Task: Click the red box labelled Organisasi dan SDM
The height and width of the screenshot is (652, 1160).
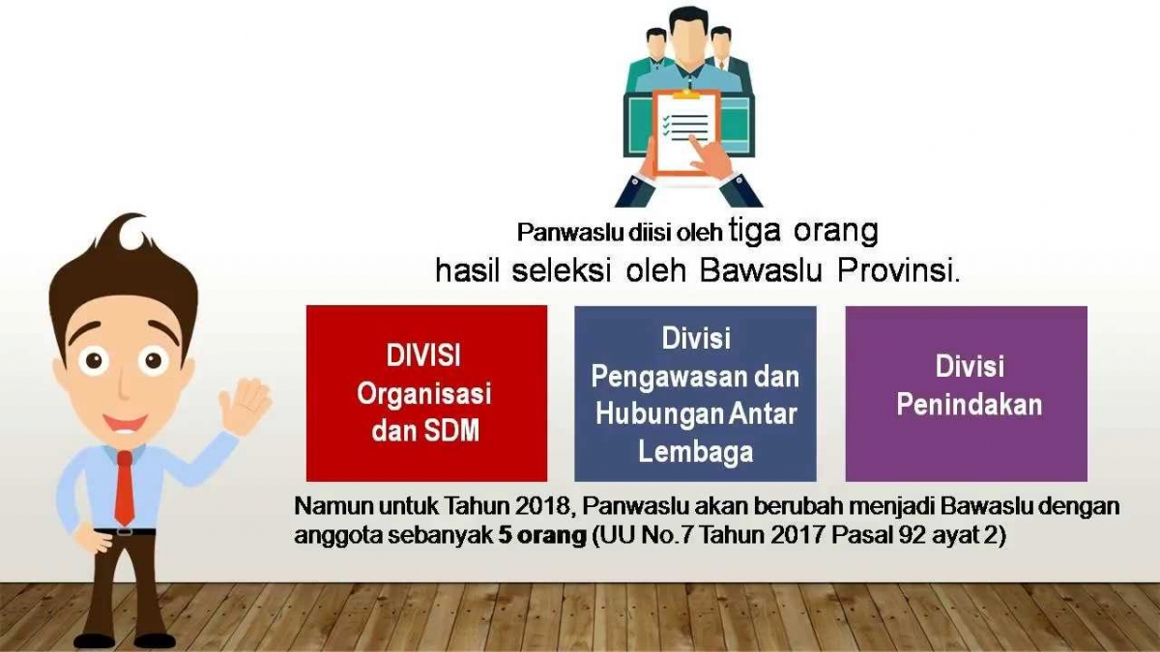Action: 426,393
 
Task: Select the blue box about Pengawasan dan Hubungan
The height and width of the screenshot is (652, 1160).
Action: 695,393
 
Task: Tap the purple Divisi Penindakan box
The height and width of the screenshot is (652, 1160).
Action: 967,393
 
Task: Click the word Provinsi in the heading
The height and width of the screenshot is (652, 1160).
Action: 898,270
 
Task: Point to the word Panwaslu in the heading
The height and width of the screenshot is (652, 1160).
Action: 570,233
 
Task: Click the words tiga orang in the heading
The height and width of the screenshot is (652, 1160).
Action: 803,231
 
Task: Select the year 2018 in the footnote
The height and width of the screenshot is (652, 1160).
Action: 542,506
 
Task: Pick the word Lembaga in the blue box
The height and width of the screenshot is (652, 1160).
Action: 695,452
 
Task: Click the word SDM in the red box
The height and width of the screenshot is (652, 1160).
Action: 451,431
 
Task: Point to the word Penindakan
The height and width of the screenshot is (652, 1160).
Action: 970,405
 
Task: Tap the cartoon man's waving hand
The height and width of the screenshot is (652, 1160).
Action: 245,408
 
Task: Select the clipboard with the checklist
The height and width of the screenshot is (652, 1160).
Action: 684,133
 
